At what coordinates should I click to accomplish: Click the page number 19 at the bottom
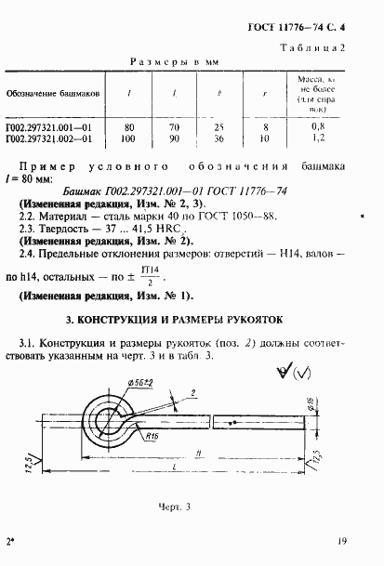343,541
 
